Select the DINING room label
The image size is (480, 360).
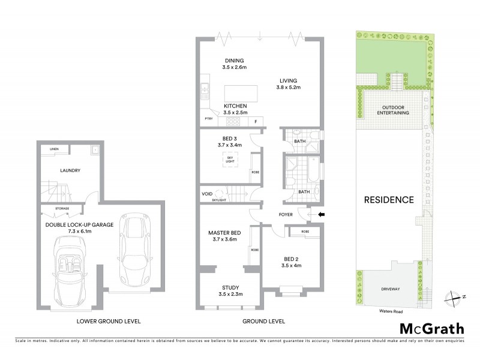(234, 61)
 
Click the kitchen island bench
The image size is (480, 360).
(239, 94)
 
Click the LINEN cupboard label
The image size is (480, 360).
(55, 149)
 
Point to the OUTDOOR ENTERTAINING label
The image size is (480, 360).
(394, 110)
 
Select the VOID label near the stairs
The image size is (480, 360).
(207, 194)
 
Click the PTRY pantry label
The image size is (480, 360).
(209, 119)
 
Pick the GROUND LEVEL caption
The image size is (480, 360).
(263, 321)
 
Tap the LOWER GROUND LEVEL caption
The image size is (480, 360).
(109, 321)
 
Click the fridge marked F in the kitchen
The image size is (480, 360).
(256, 122)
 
